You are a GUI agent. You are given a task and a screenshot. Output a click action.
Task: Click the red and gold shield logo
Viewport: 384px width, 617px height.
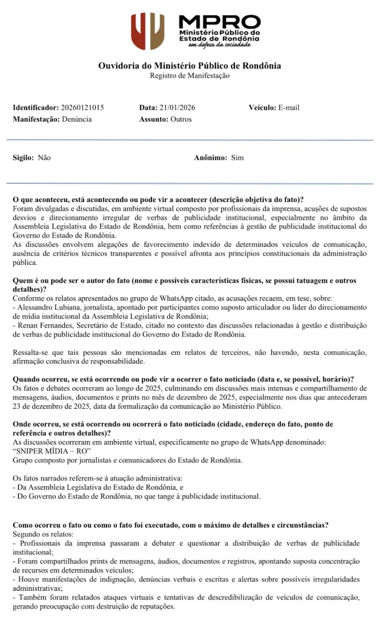pos(148,31)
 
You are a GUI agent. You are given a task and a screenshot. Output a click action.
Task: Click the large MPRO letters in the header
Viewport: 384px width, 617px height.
pos(220,22)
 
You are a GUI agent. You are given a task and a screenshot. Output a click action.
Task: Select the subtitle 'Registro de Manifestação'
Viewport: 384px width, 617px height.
pos(190,76)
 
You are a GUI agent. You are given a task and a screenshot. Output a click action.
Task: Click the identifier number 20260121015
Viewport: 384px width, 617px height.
pos(82,108)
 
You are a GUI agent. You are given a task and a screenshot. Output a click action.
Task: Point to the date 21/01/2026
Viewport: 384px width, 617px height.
pos(177,108)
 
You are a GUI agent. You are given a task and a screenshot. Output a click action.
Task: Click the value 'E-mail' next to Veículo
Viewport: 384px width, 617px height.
pos(289,108)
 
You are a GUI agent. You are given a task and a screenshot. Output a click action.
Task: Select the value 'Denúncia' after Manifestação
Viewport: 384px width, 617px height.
pos(77,119)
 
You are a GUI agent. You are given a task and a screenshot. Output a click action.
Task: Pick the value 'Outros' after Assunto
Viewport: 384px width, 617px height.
pos(181,119)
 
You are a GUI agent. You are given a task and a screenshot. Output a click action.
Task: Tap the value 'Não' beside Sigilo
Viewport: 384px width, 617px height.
pos(44,158)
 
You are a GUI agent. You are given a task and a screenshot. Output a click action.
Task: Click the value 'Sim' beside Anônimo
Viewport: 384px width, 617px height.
pos(237,158)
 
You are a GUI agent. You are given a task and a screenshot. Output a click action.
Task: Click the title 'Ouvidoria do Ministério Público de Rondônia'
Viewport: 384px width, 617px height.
pos(190,66)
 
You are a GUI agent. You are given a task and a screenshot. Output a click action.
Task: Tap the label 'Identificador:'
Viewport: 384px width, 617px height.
pos(36,108)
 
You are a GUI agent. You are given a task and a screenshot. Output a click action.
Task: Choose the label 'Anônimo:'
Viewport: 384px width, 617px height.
pos(210,158)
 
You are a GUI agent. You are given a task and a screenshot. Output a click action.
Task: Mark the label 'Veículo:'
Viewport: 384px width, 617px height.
pos(263,108)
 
